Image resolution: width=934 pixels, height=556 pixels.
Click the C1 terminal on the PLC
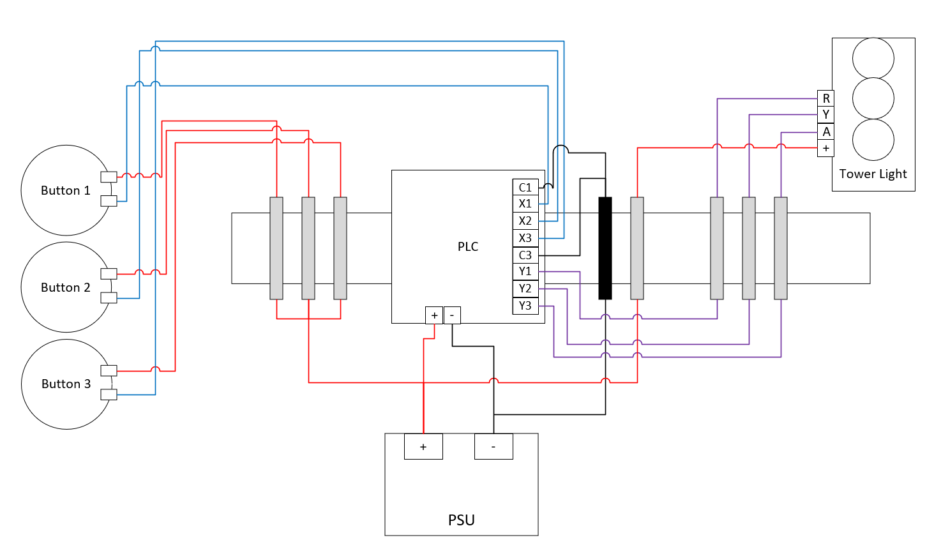tap(525, 187)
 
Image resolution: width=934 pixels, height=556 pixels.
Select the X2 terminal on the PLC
tap(525, 221)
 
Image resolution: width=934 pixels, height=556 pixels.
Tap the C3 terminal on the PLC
tap(525, 255)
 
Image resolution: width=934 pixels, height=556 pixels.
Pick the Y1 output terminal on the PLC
tap(525, 271)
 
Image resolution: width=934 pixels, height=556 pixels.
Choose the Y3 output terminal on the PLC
tap(525, 306)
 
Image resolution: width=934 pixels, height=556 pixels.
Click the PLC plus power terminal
tap(434, 315)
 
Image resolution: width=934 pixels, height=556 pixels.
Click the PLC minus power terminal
tap(452, 315)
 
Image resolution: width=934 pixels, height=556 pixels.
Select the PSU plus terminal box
tap(423, 446)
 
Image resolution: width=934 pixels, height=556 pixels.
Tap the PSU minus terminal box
tap(493, 446)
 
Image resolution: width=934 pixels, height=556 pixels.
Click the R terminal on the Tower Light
tap(826, 98)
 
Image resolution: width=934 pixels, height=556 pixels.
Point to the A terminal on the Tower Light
tap(826, 132)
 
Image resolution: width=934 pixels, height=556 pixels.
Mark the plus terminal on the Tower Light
tap(826, 149)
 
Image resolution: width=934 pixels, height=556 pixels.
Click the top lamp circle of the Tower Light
tap(873, 58)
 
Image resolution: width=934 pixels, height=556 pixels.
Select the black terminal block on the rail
tap(605, 248)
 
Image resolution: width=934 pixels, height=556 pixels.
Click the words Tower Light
tap(873, 174)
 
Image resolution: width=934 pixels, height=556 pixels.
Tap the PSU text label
tap(461, 520)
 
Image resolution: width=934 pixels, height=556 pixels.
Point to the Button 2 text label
tap(66, 287)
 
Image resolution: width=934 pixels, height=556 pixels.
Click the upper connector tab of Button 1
tap(109, 177)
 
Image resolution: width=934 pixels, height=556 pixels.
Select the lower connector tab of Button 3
tap(109, 394)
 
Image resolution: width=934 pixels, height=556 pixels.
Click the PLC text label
tap(468, 247)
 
